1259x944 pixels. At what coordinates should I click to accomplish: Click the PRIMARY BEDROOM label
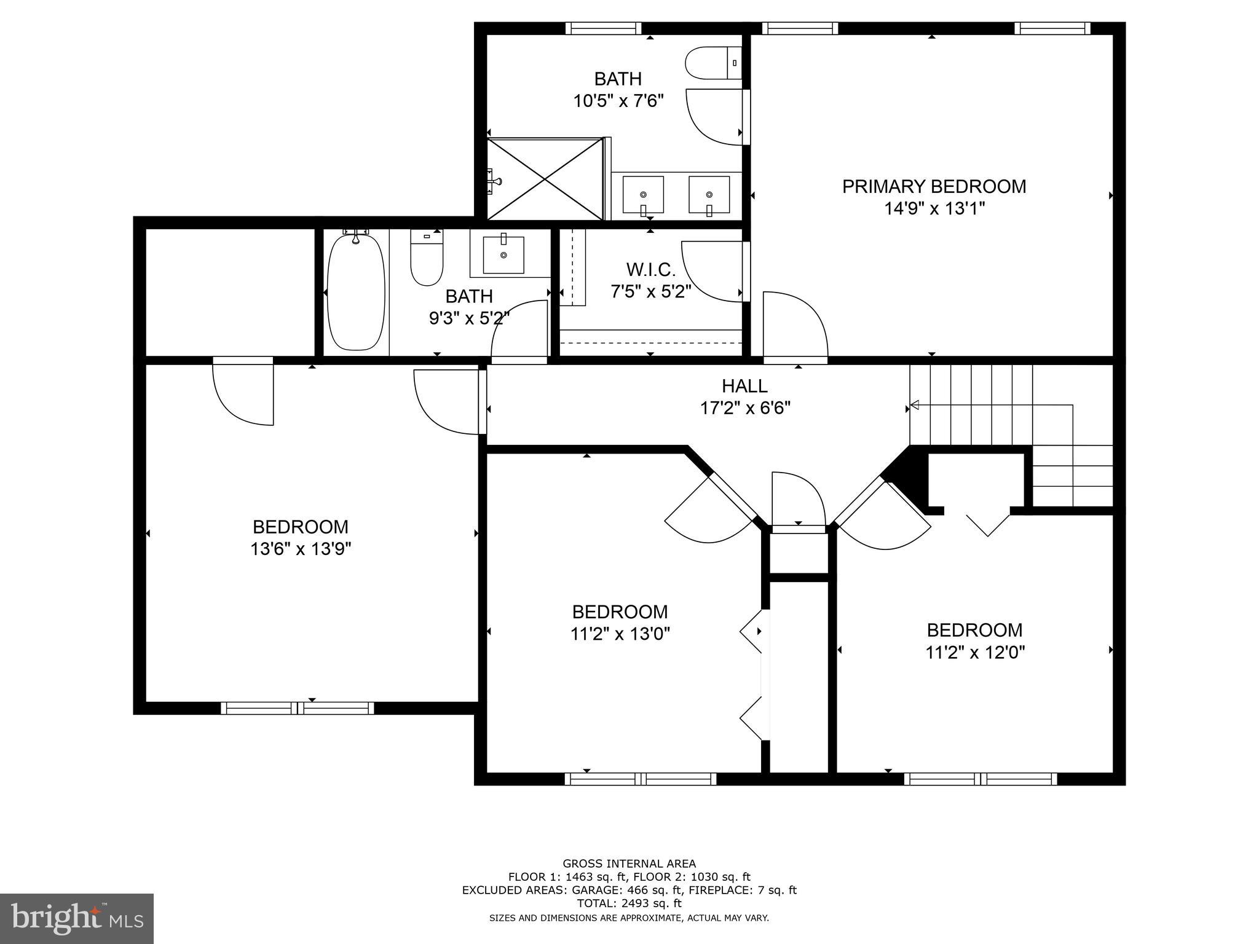[933, 186]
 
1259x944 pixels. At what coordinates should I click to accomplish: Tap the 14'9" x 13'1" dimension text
[933, 209]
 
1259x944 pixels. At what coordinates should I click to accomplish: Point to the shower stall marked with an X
[545, 179]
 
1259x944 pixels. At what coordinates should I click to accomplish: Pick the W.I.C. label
[650, 269]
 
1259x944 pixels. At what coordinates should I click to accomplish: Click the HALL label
[744, 386]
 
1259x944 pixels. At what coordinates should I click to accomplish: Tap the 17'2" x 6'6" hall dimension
[744, 408]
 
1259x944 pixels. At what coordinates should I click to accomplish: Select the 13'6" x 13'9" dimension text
[300, 549]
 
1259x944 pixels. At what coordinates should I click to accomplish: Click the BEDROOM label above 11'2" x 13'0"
[619, 612]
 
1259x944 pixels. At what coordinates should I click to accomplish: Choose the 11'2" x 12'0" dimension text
[974, 652]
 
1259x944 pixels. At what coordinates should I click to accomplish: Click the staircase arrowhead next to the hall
[914, 404]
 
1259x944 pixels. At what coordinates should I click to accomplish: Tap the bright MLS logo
[76, 918]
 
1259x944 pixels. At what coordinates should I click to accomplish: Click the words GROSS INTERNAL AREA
[629, 863]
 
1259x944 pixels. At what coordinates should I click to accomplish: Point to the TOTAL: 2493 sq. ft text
[629, 903]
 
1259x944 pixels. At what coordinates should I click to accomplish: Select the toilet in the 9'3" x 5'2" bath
[426, 258]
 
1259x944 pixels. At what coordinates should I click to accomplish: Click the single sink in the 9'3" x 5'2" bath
[503, 254]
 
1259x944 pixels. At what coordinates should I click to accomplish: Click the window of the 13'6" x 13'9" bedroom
[297, 707]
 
